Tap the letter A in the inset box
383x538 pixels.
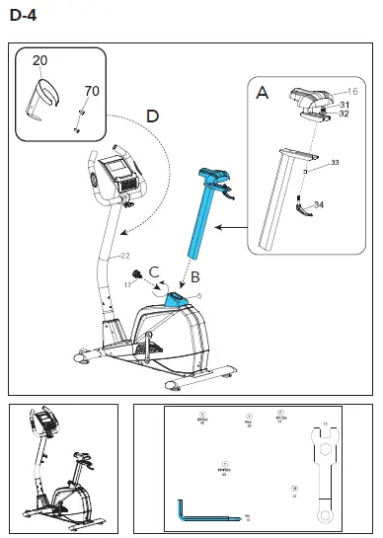262,94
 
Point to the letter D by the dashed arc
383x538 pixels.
151,116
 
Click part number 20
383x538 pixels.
39,61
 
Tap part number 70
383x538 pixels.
91,91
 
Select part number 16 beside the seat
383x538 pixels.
351,91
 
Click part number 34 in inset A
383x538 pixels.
318,204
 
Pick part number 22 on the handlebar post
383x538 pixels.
125,257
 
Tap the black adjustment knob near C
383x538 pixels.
140,274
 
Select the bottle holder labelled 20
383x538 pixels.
44,99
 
